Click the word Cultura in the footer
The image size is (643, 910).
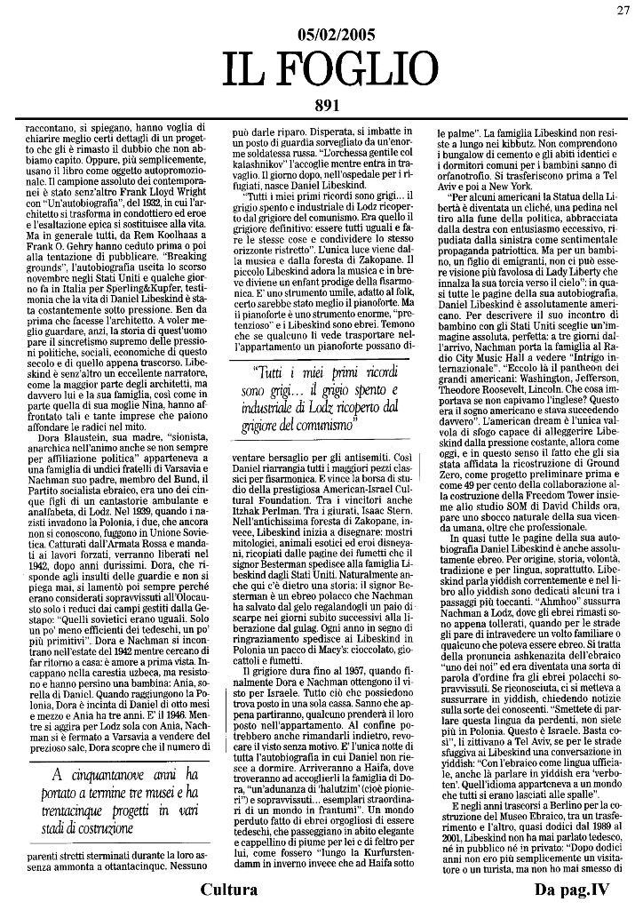(229, 890)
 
